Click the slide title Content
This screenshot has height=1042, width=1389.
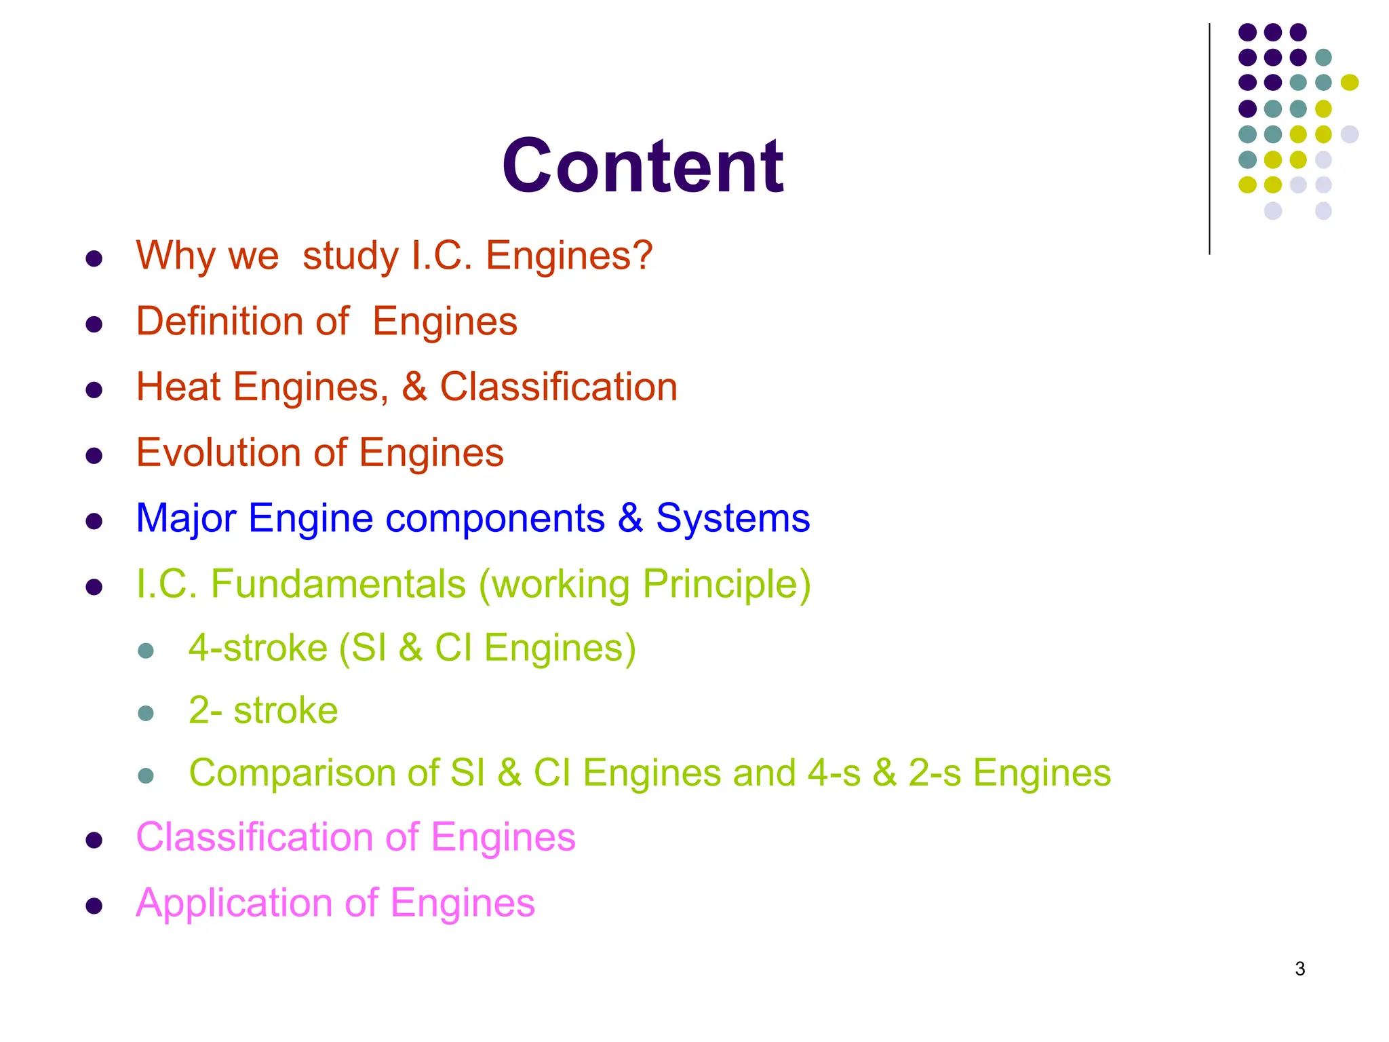point(642,166)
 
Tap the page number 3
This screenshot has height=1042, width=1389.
point(1299,969)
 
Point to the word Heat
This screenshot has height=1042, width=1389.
point(178,387)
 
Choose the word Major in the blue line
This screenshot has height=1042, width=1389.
point(186,518)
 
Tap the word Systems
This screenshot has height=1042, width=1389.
point(732,518)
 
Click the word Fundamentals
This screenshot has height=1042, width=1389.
point(338,584)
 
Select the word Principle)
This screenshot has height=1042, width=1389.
point(726,584)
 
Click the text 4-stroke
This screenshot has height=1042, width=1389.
point(258,648)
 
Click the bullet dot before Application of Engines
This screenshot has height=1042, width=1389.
point(94,906)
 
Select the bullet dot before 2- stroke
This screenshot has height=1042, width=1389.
point(146,713)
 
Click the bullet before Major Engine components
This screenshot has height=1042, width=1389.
point(94,521)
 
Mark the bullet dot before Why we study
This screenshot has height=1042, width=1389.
point(94,258)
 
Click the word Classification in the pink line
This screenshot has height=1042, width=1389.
point(254,837)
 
